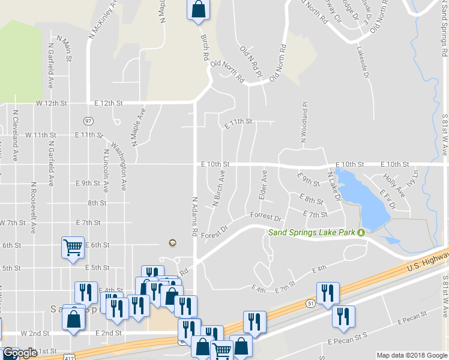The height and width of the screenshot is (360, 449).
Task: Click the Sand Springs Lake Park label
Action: pyautogui.click(x=312, y=232)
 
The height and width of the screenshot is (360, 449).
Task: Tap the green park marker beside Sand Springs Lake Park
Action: pyautogui.click(x=361, y=233)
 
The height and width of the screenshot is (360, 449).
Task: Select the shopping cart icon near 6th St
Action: pyautogui.click(x=73, y=247)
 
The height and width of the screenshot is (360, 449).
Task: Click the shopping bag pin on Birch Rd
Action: pyautogui.click(x=199, y=9)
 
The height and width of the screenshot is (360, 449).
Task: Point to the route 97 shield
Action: pyautogui.click(x=88, y=121)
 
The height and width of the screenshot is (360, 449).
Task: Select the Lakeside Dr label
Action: pyautogui.click(x=365, y=63)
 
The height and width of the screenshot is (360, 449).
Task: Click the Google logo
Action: pyautogui.click(x=20, y=353)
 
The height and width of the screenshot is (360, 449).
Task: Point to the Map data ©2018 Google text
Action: pyautogui.click(x=412, y=355)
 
